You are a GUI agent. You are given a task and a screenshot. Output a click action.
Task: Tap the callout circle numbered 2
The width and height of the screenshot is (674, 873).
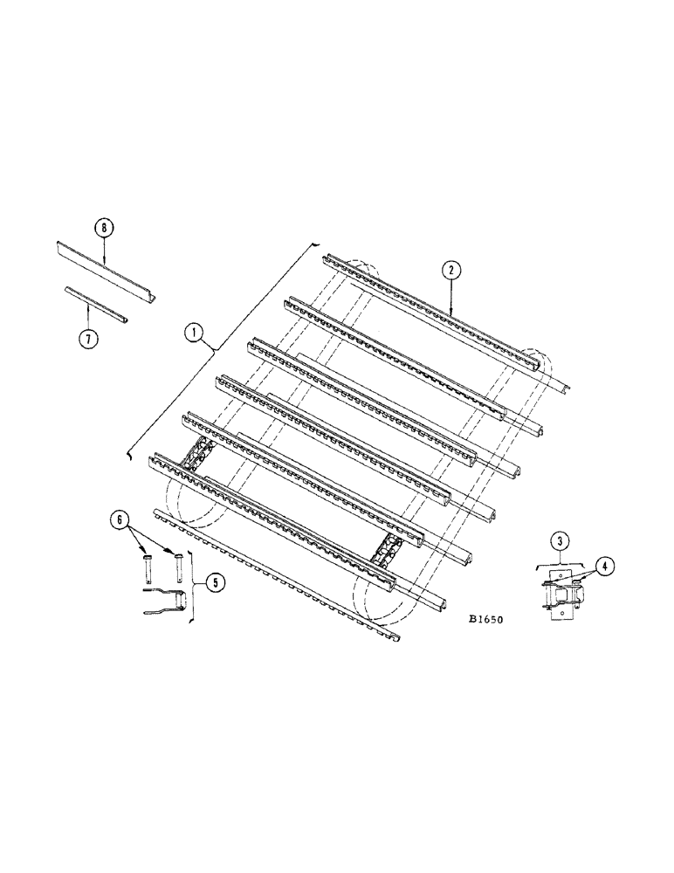pos(450,271)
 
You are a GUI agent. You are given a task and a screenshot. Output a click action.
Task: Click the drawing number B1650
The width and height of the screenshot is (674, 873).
pos(486,619)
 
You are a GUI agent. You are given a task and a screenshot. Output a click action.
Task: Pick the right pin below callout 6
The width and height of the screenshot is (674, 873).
pos(178,568)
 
